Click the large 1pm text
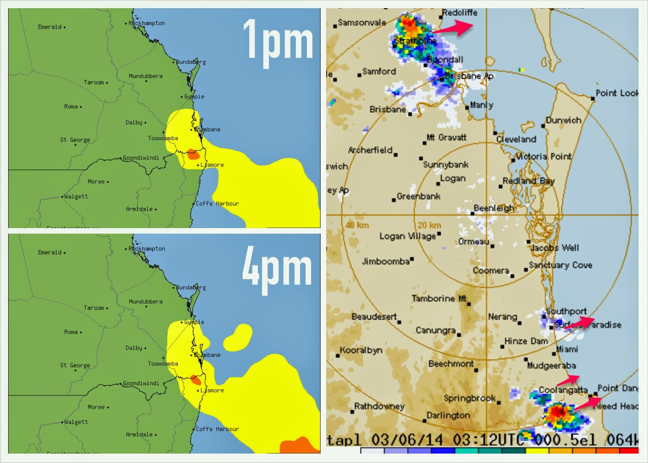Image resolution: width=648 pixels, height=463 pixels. pyautogui.click(x=278, y=42)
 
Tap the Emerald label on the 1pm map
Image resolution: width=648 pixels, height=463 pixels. pyautogui.click(x=50, y=27)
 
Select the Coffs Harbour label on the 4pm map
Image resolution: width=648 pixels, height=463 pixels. pyautogui.click(x=217, y=429)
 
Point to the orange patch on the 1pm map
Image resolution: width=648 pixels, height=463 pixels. pyautogui.click(x=193, y=154)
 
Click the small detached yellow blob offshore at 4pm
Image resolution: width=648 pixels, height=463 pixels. pyautogui.click(x=238, y=337)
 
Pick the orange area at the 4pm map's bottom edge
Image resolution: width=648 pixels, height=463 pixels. pyautogui.click(x=299, y=446)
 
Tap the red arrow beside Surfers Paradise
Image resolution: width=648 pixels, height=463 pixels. pyautogui.click(x=579, y=322)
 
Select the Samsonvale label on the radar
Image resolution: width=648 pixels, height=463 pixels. pyautogui.click(x=362, y=22)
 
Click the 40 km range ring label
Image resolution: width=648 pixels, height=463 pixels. pyautogui.click(x=357, y=225)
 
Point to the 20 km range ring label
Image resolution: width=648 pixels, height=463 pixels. pyautogui.click(x=429, y=225)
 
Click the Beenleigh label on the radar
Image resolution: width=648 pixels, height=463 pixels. pyautogui.click(x=494, y=208)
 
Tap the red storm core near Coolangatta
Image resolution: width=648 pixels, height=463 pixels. pyautogui.click(x=558, y=412)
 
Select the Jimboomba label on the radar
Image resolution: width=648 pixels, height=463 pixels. pyautogui.click(x=386, y=261)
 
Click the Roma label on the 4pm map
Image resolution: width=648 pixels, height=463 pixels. pyautogui.click(x=71, y=332)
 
